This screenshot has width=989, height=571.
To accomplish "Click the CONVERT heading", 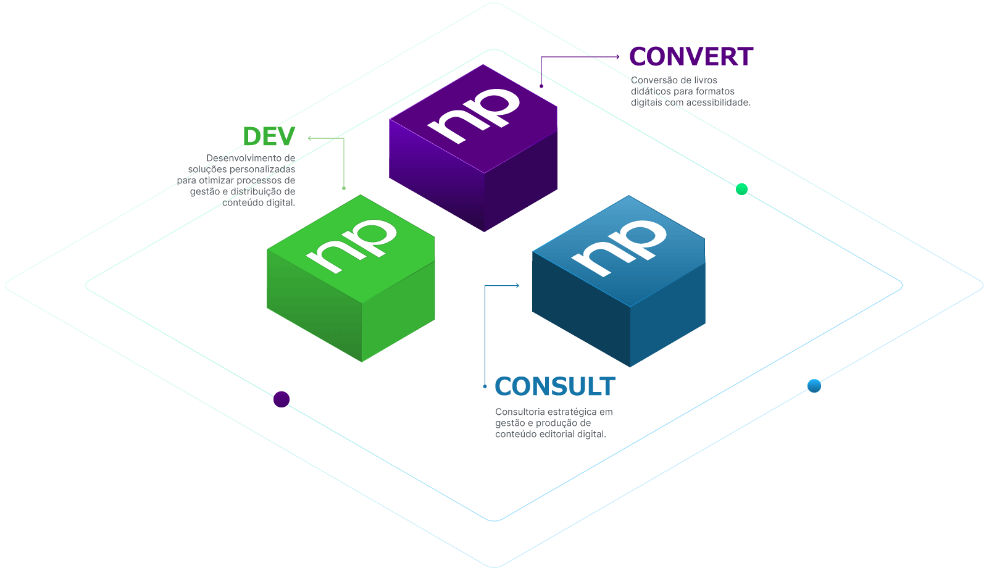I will click(x=691, y=57).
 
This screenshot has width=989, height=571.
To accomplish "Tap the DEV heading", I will click(x=269, y=136).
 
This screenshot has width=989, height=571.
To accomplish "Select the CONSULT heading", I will click(x=554, y=387).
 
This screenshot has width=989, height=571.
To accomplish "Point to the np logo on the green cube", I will click(x=353, y=245).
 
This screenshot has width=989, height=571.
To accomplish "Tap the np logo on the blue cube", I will click(x=619, y=247).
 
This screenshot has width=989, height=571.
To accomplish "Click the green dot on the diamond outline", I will click(x=741, y=190).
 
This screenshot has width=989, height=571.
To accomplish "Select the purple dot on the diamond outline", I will click(x=282, y=399).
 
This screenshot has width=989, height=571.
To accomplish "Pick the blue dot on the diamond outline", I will click(x=814, y=386).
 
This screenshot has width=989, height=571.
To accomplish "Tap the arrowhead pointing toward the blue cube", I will click(x=517, y=285).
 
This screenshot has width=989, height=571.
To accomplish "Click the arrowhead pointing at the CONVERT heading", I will click(x=617, y=57).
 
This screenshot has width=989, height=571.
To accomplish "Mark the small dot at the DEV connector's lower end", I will click(x=344, y=188).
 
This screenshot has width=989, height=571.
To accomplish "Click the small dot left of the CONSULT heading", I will click(x=485, y=386).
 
